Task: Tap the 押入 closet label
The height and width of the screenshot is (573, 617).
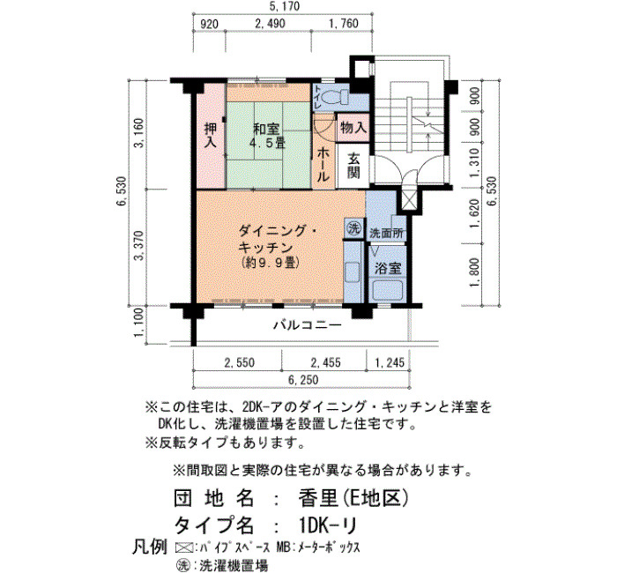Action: click(211, 135)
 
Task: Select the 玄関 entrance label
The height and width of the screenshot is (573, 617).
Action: click(353, 166)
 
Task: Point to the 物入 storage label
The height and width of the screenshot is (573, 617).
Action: click(353, 127)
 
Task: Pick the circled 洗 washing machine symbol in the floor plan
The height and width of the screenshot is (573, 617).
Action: click(353, 228)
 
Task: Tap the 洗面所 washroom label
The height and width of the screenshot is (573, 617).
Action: click(387, 234)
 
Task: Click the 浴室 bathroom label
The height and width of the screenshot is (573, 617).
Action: click(388, 268)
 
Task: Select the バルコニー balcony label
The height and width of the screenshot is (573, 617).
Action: click(308, 325)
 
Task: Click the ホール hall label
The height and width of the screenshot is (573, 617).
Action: click(323, 164)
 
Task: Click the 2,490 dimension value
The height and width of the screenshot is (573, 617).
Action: click(270, 23)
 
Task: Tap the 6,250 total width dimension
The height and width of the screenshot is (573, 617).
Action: click(303, 380)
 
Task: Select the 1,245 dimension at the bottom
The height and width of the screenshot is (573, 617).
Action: click(390, 362)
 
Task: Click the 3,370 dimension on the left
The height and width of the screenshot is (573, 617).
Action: click(139, 246)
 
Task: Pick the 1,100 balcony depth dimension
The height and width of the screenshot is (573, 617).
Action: click(139, 323)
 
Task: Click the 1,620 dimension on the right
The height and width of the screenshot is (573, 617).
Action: click(475, 213)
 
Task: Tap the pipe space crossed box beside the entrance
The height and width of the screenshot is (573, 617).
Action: click(409, 201)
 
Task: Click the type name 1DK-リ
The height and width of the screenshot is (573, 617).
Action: click(328, 525)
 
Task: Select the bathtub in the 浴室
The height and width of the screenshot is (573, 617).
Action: click(388, 290)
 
